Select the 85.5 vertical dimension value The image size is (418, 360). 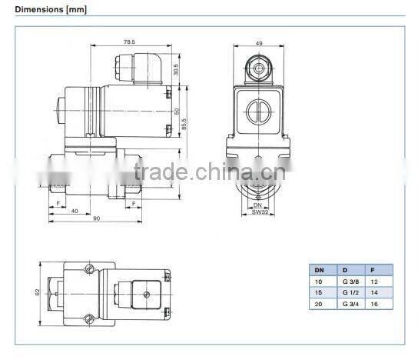click(184, 122)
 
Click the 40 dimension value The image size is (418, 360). click(75, 209)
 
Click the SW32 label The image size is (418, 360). click(259, 210)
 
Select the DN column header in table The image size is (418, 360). click(319, 270)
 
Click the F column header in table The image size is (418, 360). click(373, 270)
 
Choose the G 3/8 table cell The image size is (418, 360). click(349, 282)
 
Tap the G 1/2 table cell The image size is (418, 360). click(349, 293)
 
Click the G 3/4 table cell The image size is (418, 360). click(349, 305)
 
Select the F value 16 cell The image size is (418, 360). click(374, 305)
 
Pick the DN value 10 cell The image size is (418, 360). click(318, 282)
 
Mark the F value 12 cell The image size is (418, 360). click(374, 282)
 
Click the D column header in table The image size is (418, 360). click(345, 270)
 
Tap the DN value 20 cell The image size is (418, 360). click(318, 305)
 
